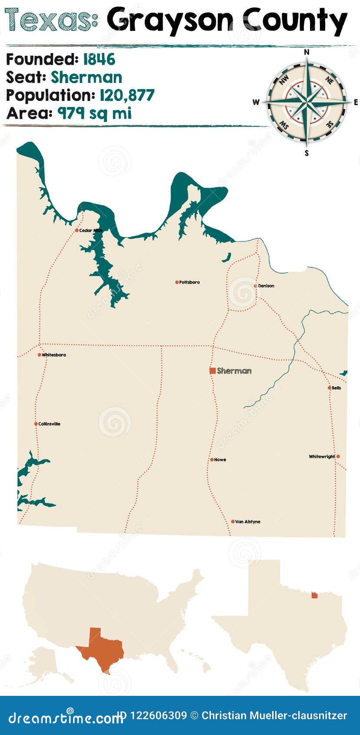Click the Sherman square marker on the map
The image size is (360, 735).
click(x=213, y=371)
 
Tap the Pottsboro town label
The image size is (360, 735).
click(x=190, y=282)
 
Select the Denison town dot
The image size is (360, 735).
click(x=255, y=286)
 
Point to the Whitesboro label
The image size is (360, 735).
click(x=54, y=355)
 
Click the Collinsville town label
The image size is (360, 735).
click(x=49, y=424)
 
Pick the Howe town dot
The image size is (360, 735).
click(x=212, y=459)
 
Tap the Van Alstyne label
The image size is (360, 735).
click(x=247, y=521)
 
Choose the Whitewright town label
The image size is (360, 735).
click(x=322, y=457)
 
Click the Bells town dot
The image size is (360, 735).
click(x=330, y=388)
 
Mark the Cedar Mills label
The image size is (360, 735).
click(x=90, y=231)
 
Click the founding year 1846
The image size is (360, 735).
click(x=99, y=59)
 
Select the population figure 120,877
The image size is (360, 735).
click(x=127, y=95)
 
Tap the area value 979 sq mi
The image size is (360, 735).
click(x=94, y=114)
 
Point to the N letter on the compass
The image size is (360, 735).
click(x=307, y=52)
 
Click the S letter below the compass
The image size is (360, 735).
click(x=307, y=153)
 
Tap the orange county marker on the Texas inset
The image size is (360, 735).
click(x=314, y=595)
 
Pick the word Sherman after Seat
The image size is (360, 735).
click(x=87, y=77)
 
